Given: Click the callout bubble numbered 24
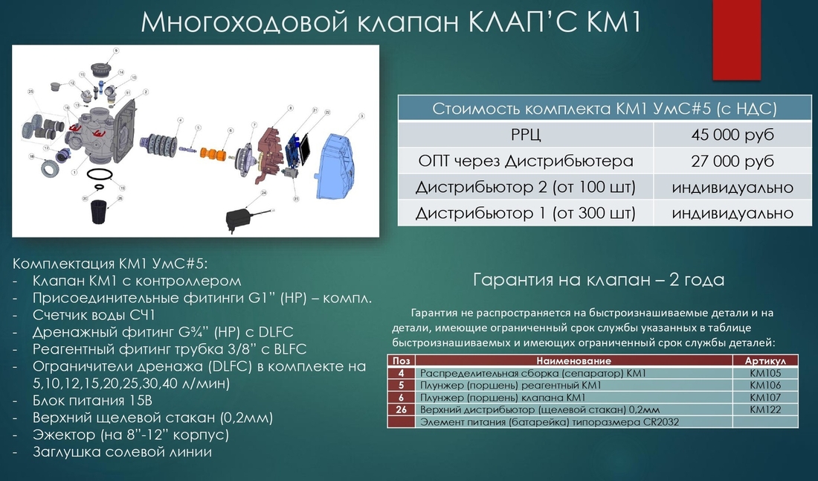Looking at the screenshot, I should pos(263,194).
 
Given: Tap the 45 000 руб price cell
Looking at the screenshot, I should pos(732,135).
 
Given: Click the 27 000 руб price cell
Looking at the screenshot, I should pos(732,161).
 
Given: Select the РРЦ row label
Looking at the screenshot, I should pos(525,135).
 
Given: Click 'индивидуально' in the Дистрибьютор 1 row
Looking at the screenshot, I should pos(732,213).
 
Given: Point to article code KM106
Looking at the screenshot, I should pos(765,386).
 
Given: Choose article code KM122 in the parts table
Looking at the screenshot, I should pos(765,410).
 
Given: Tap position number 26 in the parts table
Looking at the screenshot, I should pos(402,410).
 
